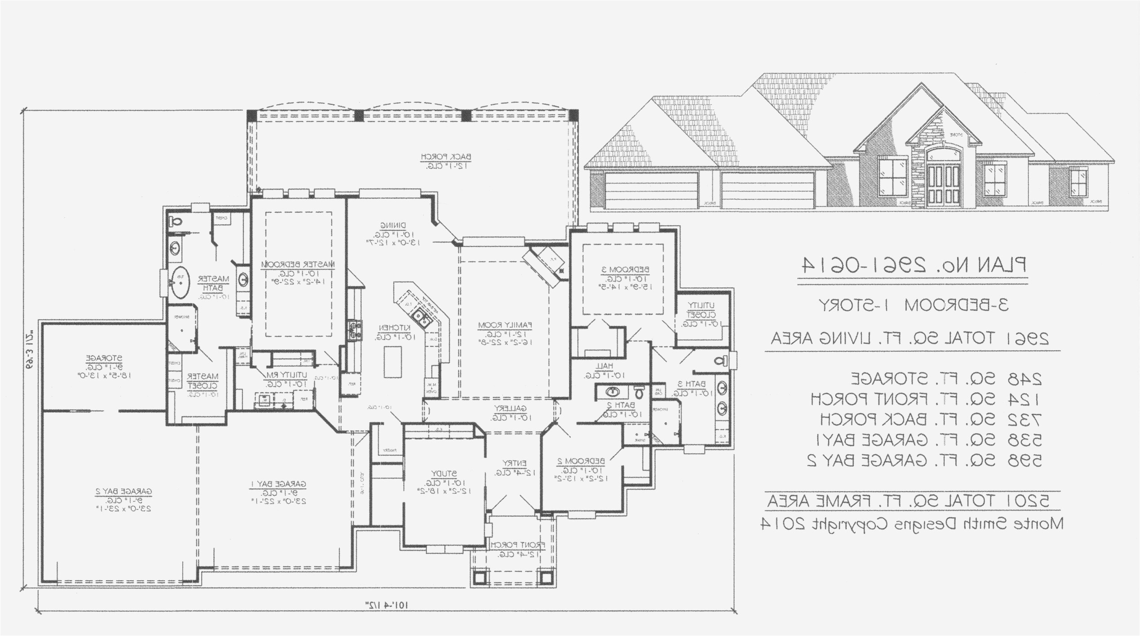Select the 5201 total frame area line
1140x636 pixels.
click(x=908, y=501)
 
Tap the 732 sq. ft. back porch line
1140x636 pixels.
click(x=931, y=420)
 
